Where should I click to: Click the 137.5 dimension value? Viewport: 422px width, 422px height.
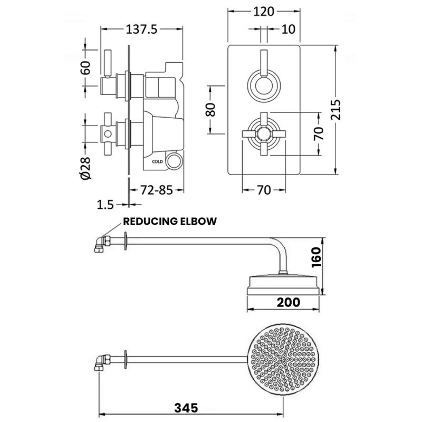click(x=141, y=29)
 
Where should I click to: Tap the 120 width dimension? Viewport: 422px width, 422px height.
click(x=264, y=12)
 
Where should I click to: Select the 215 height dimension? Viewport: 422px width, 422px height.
click(x=335, y=110)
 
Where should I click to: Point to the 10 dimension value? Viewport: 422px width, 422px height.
click(x=288, y=29)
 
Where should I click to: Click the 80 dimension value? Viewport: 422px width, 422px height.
click(x=210, y=110)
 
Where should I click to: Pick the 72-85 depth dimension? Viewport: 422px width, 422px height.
click(x=156, y=190)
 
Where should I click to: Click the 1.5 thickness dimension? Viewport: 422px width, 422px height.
click(x=105, y=205)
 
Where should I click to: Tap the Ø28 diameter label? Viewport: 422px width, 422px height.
click(x=86, y=168)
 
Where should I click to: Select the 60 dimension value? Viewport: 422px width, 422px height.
click(x=86, y=68)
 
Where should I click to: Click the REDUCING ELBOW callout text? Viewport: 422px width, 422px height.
click(x=170, y=221)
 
